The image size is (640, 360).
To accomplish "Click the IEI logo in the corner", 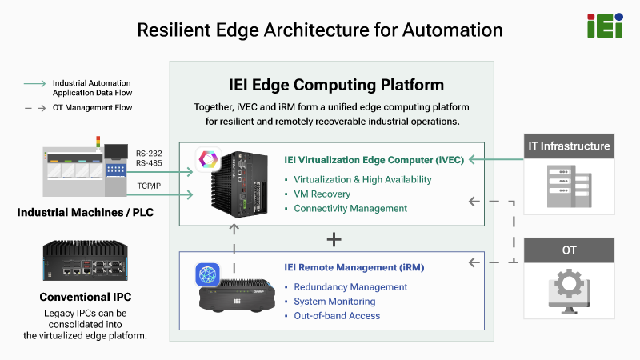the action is click(x=605, y=26).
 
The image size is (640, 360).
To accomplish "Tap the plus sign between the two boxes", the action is click(x=334, y=239).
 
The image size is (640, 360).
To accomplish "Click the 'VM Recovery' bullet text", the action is click(x=322, y=194).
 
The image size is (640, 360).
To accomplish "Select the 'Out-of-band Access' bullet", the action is click(x=337, y=315).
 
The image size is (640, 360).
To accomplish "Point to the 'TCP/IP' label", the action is click(x=149, y=186).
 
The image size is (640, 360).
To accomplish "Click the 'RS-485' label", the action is click(x=149, y=163).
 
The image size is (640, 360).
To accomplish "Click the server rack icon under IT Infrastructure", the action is click(x=569, y=186).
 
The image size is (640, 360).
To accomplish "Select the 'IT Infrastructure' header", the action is click(x=569, y=146).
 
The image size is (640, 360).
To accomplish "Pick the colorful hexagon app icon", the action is click(x=208, y=159).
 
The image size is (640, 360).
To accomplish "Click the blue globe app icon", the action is click(x=208, y=274).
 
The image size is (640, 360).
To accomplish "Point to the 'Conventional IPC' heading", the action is click(x=86, y=297).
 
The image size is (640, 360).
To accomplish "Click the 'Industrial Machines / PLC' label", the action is click(x=86, y=212).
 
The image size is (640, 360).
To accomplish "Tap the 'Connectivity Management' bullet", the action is click(x=350, y=208).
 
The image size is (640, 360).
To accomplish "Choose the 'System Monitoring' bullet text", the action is click(x=334, y=302).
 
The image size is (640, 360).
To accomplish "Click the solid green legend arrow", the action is click(x=34, y=84).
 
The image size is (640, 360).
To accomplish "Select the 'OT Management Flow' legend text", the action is click(x=92, y=108).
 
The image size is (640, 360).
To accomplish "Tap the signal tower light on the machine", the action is click(x=98, y=142).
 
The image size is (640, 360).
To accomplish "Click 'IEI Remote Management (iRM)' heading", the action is click(x=354, y=267).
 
